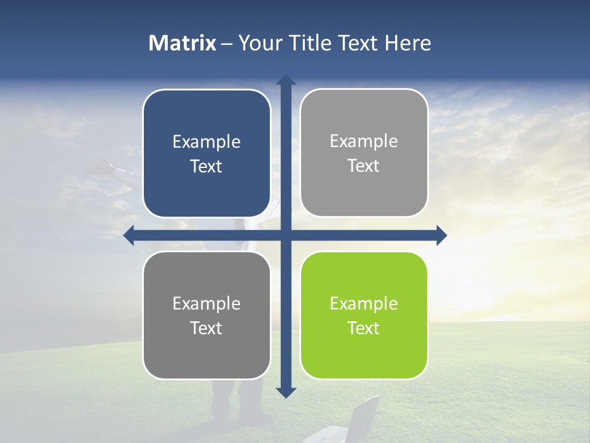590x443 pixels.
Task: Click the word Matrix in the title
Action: coord(183,43)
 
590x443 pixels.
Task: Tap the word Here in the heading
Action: coord(408,43)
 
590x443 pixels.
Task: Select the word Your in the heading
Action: coord(258,43)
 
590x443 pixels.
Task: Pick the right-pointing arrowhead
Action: coord(441,236)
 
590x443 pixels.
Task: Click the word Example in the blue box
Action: coord(206,142)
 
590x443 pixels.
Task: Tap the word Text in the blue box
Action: coord(206,167)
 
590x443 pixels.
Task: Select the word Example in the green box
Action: coord(364,303)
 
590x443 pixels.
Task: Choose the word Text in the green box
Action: coord(364,328)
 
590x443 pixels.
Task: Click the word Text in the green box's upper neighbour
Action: coord(364,166)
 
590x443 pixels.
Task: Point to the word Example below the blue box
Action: coord(206,303)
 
